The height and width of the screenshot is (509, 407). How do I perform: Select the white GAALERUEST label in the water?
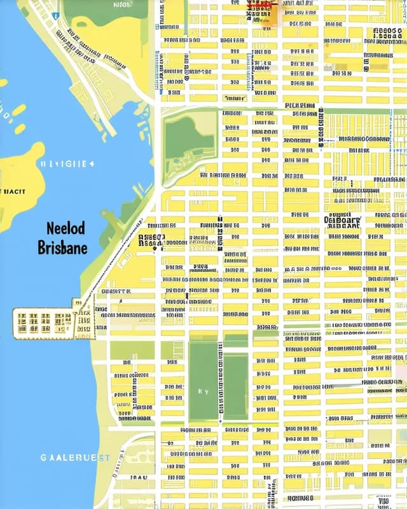pos(76,457)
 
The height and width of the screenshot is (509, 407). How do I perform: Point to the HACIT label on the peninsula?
pos(12,190)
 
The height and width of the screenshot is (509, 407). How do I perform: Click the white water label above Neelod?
pos(67,164)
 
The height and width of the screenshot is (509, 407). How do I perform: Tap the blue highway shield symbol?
pos(55,15)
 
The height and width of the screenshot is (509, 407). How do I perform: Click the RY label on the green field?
pos(203,393)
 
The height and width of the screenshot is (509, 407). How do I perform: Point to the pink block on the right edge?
pos(401,369)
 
